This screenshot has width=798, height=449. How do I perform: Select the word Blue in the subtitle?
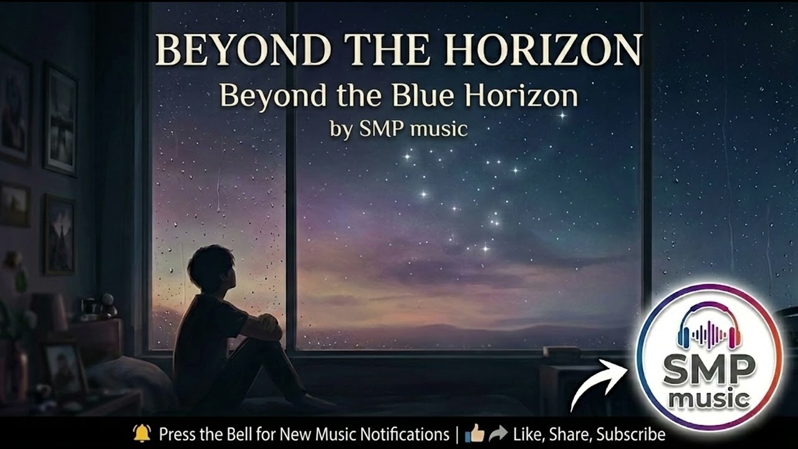(x=425, y=96)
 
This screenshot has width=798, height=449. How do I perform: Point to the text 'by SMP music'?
(x=398, y=128)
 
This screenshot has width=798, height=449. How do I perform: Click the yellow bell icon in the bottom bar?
(x=142, y=433)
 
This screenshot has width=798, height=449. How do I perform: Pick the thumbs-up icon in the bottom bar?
(x=474, y=433)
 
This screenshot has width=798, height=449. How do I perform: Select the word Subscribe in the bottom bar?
(x=631, y=435)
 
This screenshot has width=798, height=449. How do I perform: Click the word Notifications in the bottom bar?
(x=399, y=434)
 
